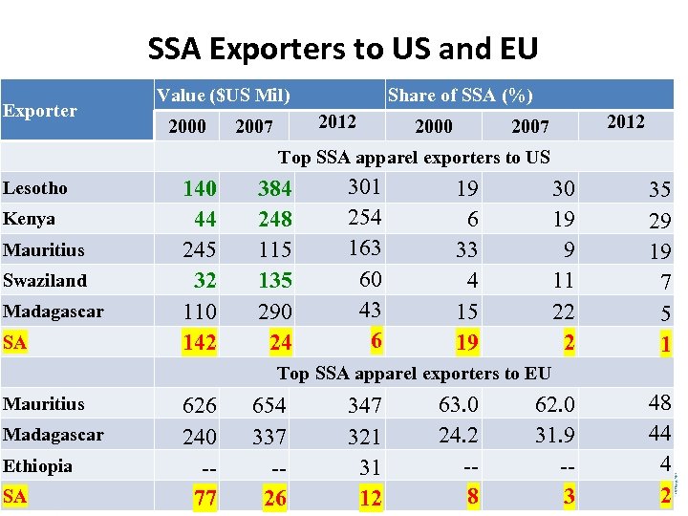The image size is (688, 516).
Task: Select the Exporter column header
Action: click(40, 111)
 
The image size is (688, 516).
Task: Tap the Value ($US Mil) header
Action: click(224, 95)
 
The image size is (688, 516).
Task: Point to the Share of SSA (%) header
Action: click(460, 95)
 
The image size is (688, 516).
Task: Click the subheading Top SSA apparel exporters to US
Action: click(413, 157)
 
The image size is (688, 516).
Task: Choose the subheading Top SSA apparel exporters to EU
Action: click(413, 373)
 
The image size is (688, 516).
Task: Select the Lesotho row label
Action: click(35, 187)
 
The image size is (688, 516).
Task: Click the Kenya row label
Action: click(30, 219)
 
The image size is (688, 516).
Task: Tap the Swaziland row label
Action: click(45, 280)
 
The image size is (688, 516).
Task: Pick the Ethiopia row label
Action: click(38, 465)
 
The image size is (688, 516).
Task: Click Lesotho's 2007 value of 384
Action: click(274, 189)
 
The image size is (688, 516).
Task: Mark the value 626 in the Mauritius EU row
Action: click(200, 405)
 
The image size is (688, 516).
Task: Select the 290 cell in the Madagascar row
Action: click(274, 312)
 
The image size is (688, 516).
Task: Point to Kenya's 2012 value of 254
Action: click(364, 216)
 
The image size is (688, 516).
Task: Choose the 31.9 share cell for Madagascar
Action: click(554, 435)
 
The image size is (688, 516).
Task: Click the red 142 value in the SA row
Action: click(199, 342)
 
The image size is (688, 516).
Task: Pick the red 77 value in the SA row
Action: click(204, 498)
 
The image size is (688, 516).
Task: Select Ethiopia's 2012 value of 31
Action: click(370, 467)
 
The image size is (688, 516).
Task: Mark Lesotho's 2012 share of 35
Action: click(659, 189)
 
